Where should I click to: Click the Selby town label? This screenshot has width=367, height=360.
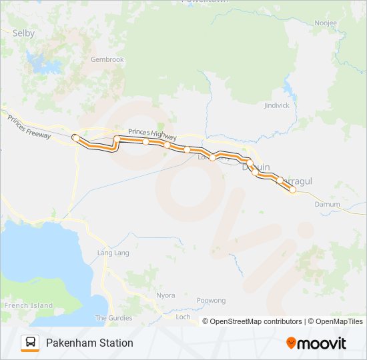click(x=23, y=33)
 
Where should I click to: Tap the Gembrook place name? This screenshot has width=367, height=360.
click(x=107, y=59)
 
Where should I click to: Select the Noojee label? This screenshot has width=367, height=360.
click(x=325, y=23)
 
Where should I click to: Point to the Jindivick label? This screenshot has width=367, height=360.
click(x=276, y=105)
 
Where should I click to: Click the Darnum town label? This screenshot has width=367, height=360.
click(x=327, y=204)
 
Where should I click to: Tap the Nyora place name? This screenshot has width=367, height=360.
click(x=165, y=295)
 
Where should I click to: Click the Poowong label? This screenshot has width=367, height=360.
click(x=212, y=301)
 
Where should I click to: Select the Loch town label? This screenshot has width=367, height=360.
click(x=182, y=317)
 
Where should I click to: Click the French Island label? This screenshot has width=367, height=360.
click(x=28, y=305)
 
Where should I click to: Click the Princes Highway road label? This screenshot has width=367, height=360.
click(x=153, y=134)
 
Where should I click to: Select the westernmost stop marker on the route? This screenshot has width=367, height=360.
click(x=75, y=138)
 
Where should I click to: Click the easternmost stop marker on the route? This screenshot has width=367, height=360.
click(x=292, y=190)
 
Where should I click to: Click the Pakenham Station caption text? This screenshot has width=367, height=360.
click(x=89, y=343)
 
